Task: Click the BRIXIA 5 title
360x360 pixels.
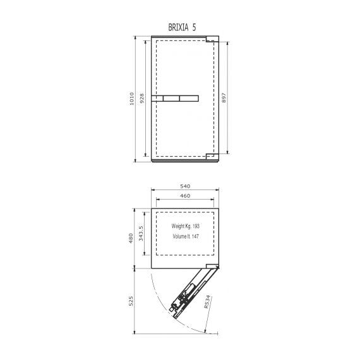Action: [182, 27]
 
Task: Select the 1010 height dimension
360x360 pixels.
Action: [132, 99]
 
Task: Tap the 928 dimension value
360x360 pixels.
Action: [142, 99]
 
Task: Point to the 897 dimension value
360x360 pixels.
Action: [224, 97]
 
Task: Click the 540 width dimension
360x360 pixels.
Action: [185, 186]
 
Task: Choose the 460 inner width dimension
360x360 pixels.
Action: [185, 196]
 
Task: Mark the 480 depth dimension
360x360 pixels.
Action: [131, 238]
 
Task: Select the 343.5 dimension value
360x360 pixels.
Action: [141, 233]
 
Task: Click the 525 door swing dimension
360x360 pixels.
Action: [131, 301]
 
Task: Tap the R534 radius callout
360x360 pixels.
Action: [207, 302]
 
